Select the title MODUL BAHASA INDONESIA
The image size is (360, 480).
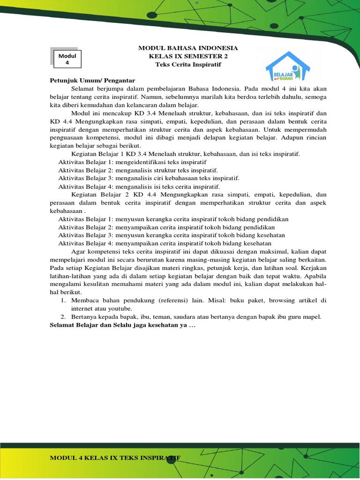187,48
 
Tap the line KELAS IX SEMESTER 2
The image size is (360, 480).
187,56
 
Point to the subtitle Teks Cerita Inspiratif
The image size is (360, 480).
187,64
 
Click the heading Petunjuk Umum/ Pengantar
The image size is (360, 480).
92,81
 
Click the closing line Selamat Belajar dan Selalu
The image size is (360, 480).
122,326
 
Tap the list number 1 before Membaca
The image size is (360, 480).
63,300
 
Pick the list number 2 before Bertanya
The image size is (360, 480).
63,317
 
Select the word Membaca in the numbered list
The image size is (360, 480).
85,300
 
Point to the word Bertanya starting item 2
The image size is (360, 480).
85,317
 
